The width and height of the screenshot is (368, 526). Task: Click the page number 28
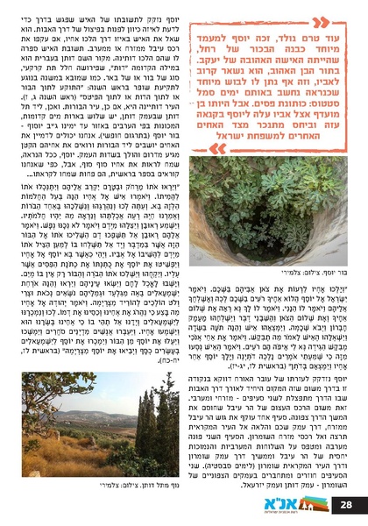click(x=347, y=506)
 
